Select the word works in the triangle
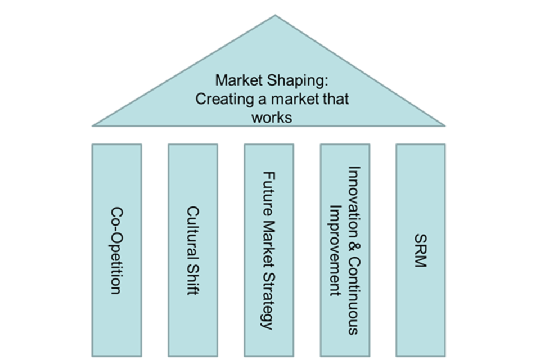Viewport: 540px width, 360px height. tap(272, 117)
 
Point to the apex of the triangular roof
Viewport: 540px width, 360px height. tap(275, 16)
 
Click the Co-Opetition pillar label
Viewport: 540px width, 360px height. tap(116, 250)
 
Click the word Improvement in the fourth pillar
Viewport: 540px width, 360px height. tap(335, 250)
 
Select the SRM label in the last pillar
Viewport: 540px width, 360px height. tap(420, 250)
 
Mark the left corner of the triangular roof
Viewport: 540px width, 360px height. tap(93, 125)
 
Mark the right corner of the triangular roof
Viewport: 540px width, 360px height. tap(444, 125)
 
